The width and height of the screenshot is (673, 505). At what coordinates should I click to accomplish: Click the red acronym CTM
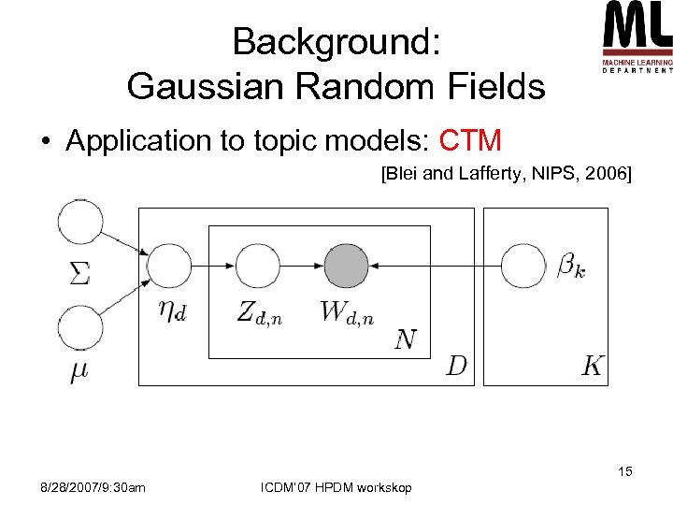click(x=470, y=141)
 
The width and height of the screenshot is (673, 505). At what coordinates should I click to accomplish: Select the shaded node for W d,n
click(x=346, y=266)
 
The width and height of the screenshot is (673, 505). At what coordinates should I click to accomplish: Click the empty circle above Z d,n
click(x=257, y=266)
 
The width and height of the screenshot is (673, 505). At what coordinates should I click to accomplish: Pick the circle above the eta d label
click(x=169, y=266)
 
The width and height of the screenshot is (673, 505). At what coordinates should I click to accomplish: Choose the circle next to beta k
click(x=523, y=266)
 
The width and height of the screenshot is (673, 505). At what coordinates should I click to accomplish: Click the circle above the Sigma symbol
click(x=80, y=223)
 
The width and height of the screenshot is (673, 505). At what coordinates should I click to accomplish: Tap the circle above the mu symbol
click(x=80, y=329)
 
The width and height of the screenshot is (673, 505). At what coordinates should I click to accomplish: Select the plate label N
click(x=406, y=339)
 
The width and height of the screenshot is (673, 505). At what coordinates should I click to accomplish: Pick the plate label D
click(x=456, y=365)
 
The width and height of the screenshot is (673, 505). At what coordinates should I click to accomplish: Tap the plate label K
click(x=592, y=365)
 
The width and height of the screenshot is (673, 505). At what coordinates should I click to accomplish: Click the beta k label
click(x=571, y=267)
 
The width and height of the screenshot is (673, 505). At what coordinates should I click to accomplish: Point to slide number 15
click(x=624, y=471)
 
